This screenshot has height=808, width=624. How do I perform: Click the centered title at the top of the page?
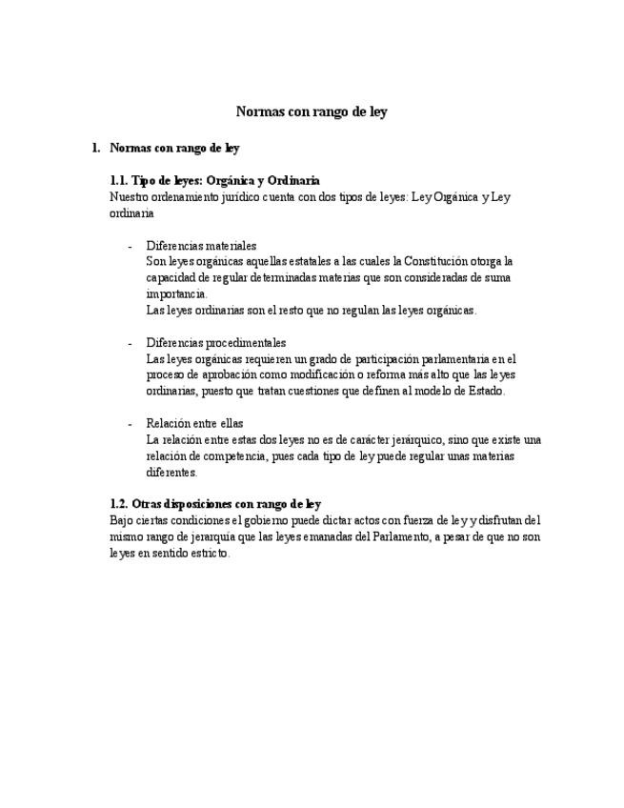tap(312, 111)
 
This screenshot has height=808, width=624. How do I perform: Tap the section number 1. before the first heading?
tap(95, 148)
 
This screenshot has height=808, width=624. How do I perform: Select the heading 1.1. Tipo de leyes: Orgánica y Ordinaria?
tap(214, 180)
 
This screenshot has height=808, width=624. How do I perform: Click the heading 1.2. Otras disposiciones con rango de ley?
tap(215, 504)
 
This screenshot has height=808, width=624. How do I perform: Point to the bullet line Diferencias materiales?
tap(201, 245)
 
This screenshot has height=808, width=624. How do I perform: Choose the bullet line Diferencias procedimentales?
tap(216, 342)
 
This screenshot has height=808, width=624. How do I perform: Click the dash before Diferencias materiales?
tap(130, 245)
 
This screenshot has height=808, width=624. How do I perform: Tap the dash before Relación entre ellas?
tap(130, 423)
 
